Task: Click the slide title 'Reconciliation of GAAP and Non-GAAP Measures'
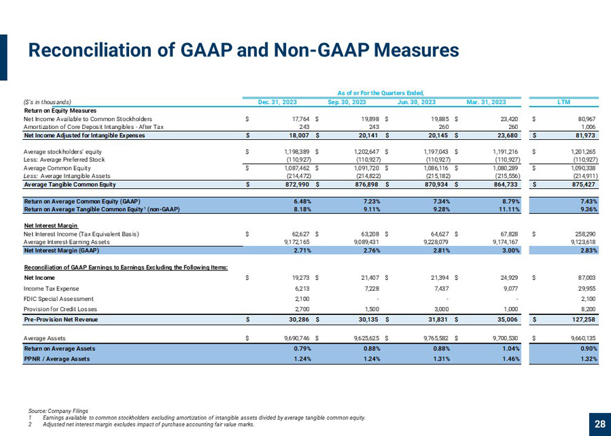click(243, 50)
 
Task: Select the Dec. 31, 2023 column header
click(277, 102)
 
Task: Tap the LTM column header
click(563, 102)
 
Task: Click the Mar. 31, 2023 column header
click(486, 102)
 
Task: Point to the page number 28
click(600, 424)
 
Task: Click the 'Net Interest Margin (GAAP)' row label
click(62, 251)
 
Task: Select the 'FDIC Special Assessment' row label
click(58, 299)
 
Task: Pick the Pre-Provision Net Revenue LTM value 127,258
click(583, 320)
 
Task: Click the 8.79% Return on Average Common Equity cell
click(510, 201)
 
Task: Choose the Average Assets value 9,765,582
click(437, 338)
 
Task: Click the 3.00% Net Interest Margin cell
click(510, 251)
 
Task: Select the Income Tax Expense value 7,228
click(371, 289)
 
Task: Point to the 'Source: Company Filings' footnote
click(58, 411)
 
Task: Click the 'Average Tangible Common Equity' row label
click(70, 185)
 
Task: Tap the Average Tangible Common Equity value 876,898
click(368, 185)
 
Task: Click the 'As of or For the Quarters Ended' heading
click(381, 92)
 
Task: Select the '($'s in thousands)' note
click(47, 102)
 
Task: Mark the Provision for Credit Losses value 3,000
click(443, 309)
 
